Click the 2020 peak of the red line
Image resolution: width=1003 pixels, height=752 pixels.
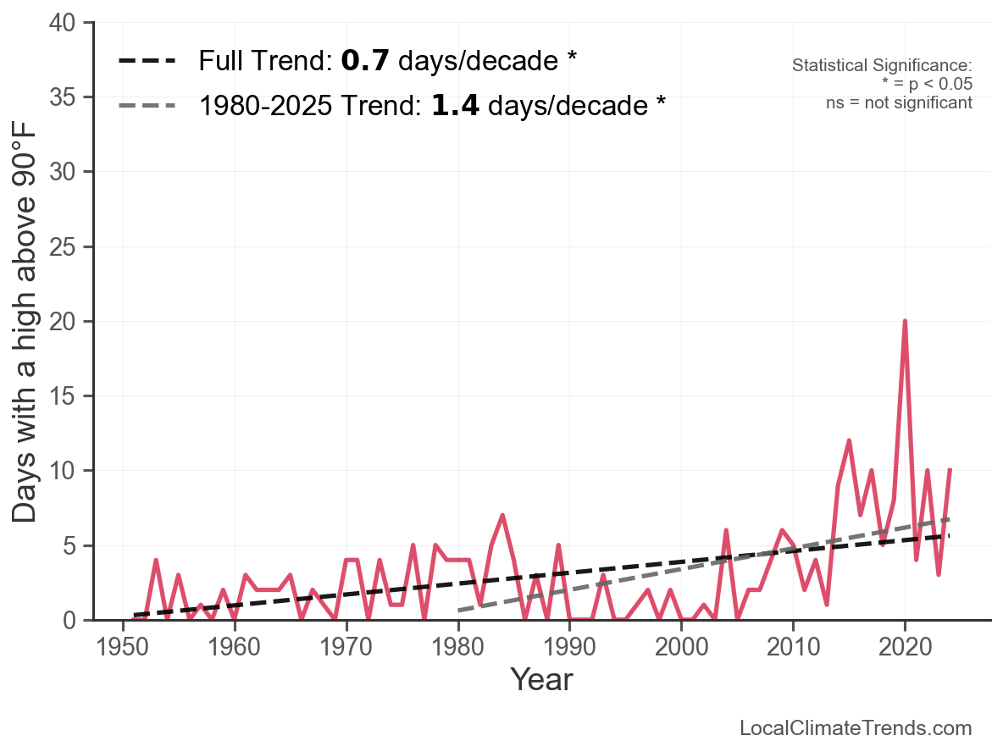pos(905,322)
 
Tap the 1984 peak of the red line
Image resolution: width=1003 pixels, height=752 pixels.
pos(502,515)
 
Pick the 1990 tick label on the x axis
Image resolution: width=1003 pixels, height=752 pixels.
pos(569,648)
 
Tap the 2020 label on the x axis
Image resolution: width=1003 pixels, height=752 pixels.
pos(905,648)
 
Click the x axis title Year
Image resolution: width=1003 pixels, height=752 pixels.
pos(541,680)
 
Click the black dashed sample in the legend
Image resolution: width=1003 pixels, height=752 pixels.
pos(147,61)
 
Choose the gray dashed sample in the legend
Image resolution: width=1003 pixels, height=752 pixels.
pos(147,106)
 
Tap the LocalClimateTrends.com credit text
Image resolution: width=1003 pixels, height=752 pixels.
pos(856,728)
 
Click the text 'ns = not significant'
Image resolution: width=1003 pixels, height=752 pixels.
pos(899,103)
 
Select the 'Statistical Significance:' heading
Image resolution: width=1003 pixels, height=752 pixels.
pos(882,66)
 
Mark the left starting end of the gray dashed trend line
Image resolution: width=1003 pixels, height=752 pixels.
pos(458,610)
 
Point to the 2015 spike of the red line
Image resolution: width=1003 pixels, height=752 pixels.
pos(849,440)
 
